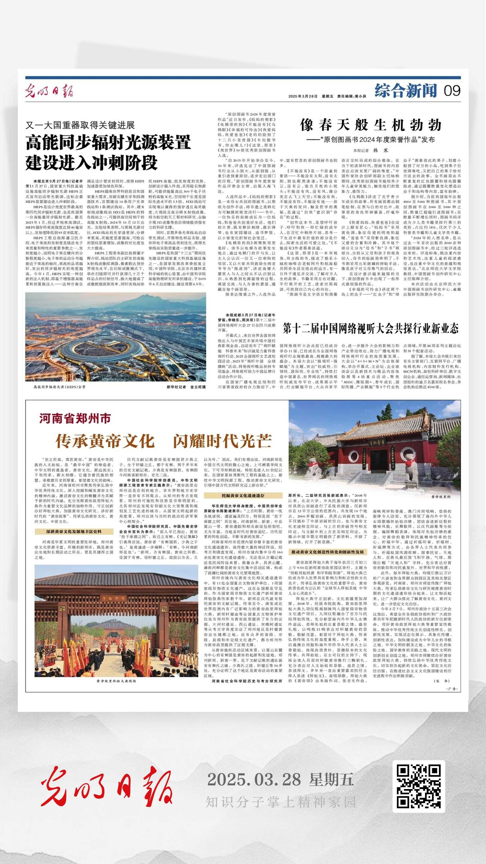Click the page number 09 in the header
click(x=452, y=91)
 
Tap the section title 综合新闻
click(x=406, y=91)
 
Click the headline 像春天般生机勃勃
click(x=370, y=125)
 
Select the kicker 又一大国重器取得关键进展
click(x=80, y=125)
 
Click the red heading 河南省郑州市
click(x=75, y=418)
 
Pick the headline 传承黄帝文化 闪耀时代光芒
click(x=163, y=441)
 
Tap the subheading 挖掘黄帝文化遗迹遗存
click(x=243, y=495)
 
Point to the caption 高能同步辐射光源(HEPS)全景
click(x=59, y=387)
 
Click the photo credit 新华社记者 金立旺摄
click(x=186, y=387)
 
